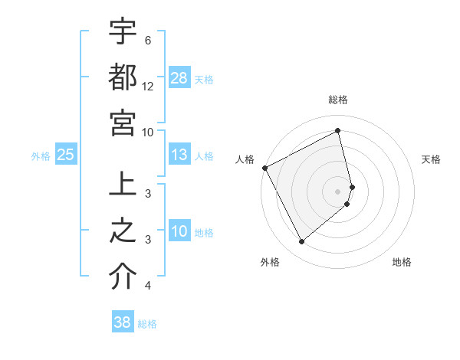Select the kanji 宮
[x=123, y=122]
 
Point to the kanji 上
[x=123, y=186]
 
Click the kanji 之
[x=123, y=231]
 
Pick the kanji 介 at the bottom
[x=123, y=277]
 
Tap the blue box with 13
[x=179, y=155]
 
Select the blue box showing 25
[x=65, y=155]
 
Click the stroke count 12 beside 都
[x=148, y=87]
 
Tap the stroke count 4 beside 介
[x=148, y=286]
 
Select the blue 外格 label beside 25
[x=41, y=155]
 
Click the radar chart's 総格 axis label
[x=338, y=100]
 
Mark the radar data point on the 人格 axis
[x=264, y=167]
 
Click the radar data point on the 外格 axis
[x=301, y=241]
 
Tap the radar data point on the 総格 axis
[x=338, y=131]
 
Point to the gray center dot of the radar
[x=338, y=190]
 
